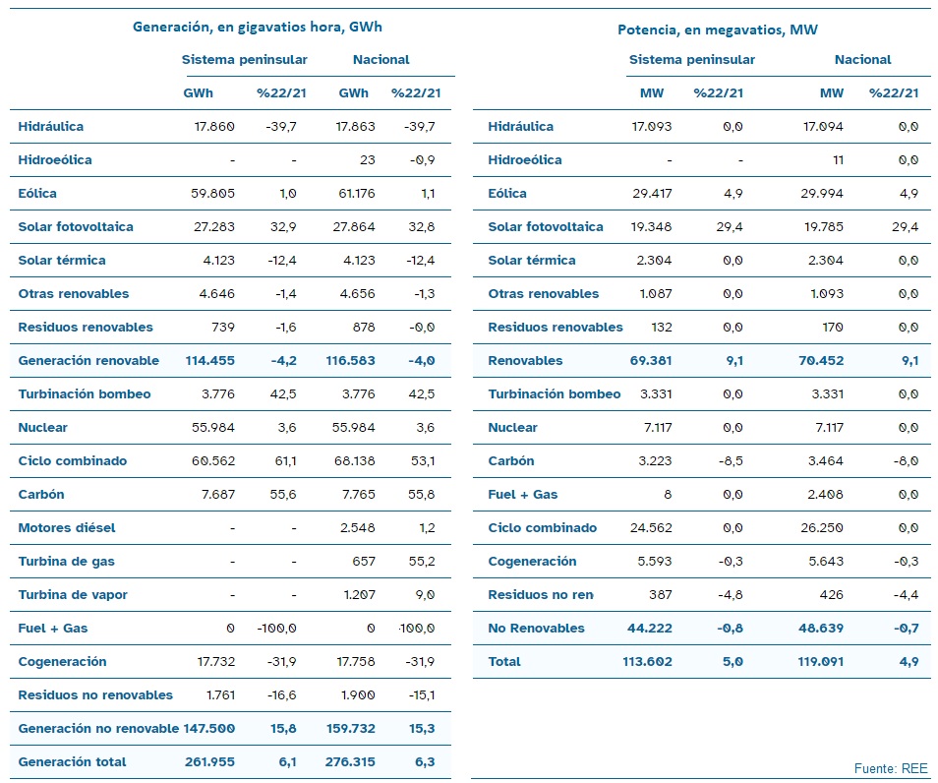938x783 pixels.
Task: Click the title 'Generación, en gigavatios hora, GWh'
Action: point(258,27)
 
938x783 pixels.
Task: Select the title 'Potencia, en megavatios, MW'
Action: point(717,30)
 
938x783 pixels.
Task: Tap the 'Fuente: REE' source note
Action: point(891,768)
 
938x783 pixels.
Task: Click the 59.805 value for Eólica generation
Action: point(213,194)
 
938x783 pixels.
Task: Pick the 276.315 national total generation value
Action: point(350,762)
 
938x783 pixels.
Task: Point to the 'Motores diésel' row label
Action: point(67,528)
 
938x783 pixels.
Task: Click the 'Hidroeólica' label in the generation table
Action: point(55,159)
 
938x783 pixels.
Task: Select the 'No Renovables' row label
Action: point(536,628)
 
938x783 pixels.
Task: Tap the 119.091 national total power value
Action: point(820,661)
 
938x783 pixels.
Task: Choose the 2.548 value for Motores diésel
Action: point(358,528)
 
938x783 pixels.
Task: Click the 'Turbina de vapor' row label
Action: point(73,595)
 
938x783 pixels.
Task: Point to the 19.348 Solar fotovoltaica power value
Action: point(651,227)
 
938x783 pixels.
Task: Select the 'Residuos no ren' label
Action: point(541,595)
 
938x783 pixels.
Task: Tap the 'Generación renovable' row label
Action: point(88,360)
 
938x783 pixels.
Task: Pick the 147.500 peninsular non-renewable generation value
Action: point(208,729)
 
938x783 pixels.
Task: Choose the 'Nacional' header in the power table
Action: point(862,60)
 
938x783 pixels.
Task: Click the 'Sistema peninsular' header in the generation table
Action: point(244,60)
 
